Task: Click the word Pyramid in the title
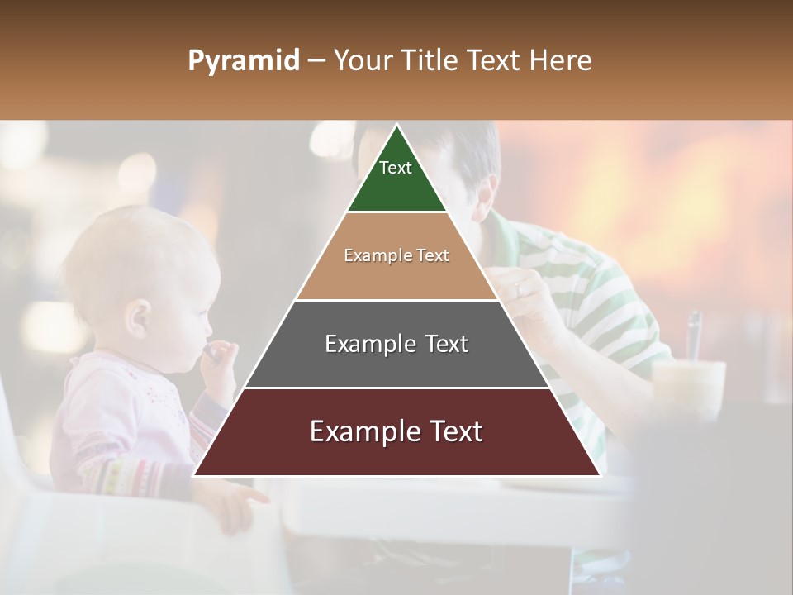(x=243, y=61)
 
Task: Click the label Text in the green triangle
(x=396, y=168)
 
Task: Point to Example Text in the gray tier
(x=396, y=344)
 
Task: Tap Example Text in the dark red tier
(x=396, y=431)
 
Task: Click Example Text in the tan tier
(x=396, y=255)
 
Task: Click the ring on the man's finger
(x=518, y=288)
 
